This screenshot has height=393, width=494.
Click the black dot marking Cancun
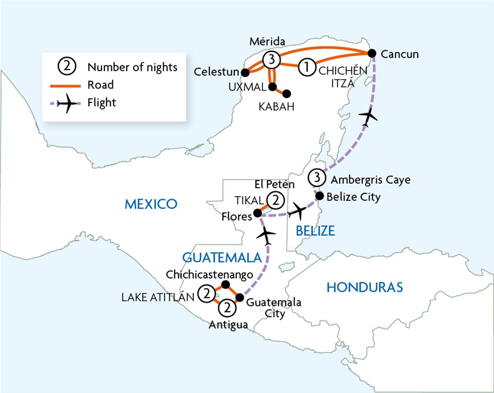point(373,53)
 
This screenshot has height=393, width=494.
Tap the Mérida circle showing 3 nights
point(271,60)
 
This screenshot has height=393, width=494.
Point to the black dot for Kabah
point(287,94)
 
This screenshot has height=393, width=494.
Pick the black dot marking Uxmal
point(272,86)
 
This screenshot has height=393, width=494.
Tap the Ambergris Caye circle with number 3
point(316,178)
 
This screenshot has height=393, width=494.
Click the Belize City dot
point(319,195)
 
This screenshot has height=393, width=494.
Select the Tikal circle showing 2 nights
point(277,200)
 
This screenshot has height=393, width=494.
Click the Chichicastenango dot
point(224,284)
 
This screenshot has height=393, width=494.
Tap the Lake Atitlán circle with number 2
point(206,294)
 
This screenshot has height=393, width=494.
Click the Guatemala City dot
point(239,297)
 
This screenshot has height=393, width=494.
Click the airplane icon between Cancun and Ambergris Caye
point(368,117)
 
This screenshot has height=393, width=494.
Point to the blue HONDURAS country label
point(364,288)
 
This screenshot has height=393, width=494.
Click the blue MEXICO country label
point(151,204)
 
